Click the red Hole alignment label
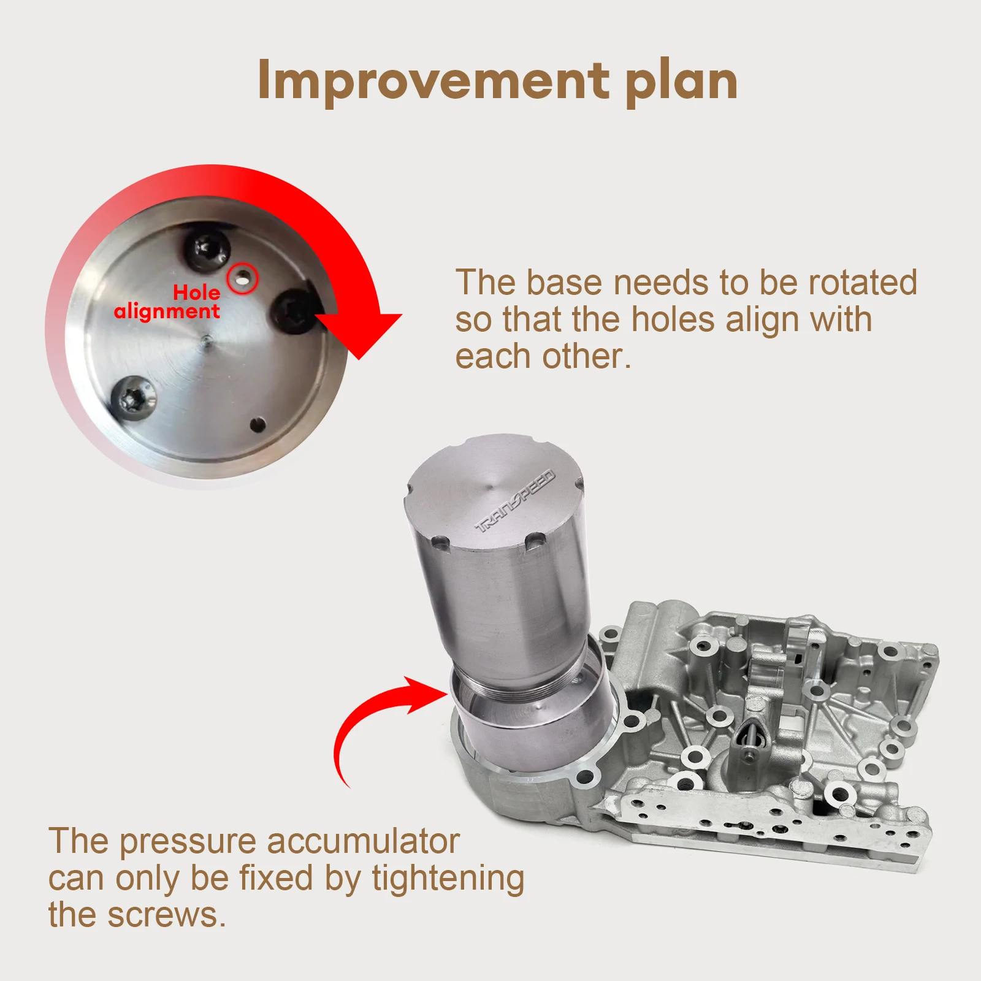(167, 302)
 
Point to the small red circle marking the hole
(243, 279)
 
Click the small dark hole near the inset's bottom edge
(258, 424)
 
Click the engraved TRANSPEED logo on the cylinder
(515, 501)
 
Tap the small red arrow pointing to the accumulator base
(374, 717)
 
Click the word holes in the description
(673, 319)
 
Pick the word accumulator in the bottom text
(364, 841)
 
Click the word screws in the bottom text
(166, 917)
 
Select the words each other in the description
(543, 356)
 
